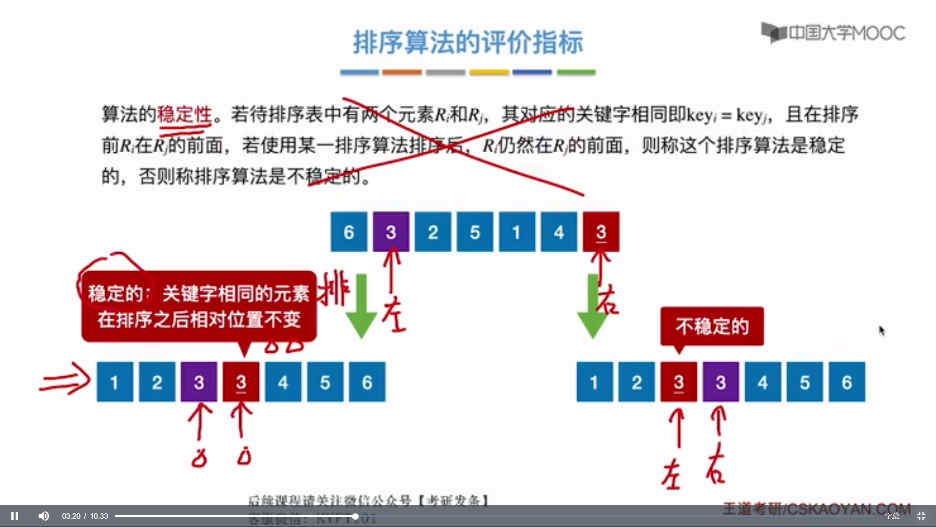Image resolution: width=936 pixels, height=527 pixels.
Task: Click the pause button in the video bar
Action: [15, 516]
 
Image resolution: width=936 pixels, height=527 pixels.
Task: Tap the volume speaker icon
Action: [44, 516]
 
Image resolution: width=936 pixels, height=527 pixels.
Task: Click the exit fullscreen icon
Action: [921, 516]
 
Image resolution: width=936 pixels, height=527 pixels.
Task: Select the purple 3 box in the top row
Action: [391, 232]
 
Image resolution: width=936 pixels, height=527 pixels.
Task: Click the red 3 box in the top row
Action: [601, 232]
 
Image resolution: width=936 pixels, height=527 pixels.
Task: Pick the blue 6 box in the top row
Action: [349, 232]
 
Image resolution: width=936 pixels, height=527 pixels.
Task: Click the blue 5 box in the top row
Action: [475, 232]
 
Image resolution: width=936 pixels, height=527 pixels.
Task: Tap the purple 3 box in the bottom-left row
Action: [199, 382]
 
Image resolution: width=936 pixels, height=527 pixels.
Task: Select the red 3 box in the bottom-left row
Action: [241, 382]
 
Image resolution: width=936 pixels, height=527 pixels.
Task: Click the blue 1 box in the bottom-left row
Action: [115, 382]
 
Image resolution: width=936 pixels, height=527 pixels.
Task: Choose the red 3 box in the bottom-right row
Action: [679, 382]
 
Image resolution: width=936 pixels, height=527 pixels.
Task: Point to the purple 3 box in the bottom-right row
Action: [721, 382]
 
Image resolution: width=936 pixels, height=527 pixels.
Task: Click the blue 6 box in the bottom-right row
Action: [847, 382]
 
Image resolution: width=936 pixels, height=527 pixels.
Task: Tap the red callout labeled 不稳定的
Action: [712, 326]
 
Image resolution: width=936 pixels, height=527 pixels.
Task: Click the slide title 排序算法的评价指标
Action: [468, 42]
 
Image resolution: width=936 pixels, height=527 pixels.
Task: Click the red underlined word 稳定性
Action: [184, 115]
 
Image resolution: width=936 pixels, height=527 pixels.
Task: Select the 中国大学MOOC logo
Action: [833, 33]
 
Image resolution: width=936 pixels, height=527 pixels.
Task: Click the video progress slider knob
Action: [355, 516]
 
